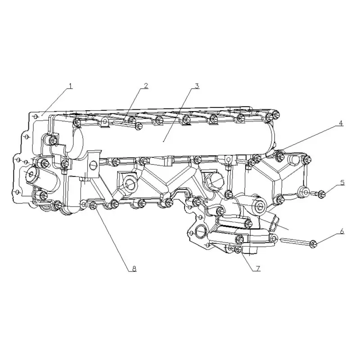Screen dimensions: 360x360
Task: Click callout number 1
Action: point(71,86)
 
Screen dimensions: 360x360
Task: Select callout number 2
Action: point(146,85)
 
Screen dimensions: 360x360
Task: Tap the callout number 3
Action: point(197,86)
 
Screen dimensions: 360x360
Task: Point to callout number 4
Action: point(341,123)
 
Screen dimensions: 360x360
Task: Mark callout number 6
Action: point(342,231)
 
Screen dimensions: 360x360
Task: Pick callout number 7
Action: point(257,268)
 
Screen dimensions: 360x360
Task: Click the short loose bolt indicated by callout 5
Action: point(318,194)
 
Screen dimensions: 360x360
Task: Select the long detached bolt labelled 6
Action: point(298,242)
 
